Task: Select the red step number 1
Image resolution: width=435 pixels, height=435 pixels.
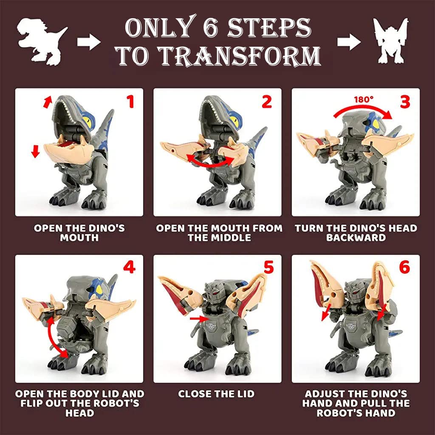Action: [130, 102]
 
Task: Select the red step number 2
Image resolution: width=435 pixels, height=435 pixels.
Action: [266, 102]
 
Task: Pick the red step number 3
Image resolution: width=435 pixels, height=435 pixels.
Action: [405, 102]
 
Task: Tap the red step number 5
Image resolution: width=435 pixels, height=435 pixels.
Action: [268, 267]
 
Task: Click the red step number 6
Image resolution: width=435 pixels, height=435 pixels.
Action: [404, 267]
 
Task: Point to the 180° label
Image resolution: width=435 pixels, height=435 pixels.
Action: [364, 99]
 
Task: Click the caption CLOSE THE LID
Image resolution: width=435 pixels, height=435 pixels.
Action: [216, 394]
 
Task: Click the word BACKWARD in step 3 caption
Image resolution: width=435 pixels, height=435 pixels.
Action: [356, 237]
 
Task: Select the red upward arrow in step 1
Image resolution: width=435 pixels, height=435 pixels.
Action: [48, 102]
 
